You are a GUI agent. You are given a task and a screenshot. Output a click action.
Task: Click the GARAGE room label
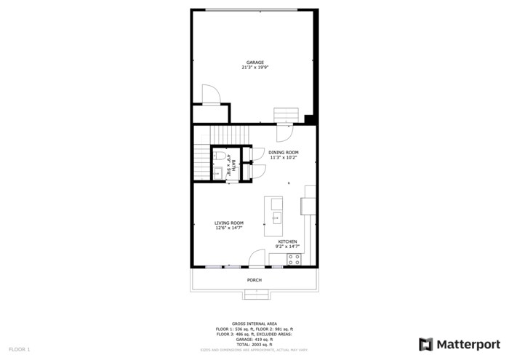[x=254, y=63]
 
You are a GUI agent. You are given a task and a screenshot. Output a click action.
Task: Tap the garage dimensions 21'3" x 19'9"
[x=254, y=68]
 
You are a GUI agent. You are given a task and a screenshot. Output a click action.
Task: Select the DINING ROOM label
[x=283, y=152]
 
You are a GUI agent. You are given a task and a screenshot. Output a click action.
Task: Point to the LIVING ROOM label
[x=228, y=223]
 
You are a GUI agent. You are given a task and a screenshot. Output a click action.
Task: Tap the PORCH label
[x=254, y=280]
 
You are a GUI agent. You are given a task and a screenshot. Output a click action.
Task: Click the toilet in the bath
[x=218, y=156]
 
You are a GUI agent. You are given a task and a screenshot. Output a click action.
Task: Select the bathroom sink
[x=217, y=172]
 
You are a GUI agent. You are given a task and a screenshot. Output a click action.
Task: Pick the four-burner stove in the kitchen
[x=294, y=259]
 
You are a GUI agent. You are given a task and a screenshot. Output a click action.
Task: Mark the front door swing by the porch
[x=257, y=259]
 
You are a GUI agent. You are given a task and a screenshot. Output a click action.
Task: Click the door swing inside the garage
[x=209, y=95]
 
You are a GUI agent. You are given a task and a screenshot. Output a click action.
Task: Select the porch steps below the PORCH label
[x=254, y=294]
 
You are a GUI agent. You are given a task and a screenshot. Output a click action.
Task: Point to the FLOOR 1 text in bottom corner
[x=19, y=350]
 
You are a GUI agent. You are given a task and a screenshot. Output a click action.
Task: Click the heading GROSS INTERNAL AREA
[x=254, y=323]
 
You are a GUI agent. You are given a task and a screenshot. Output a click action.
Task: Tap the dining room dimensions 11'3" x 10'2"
[x=284, y=157]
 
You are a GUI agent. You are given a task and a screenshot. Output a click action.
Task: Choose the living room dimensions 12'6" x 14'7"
[x=228, y=228]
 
